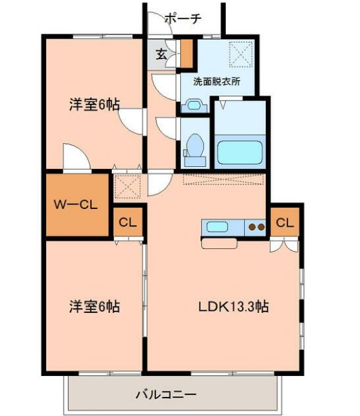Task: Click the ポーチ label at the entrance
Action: pyautogui.click(x=182, y=18)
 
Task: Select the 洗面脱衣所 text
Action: pyautogui.click(x=216, y=82)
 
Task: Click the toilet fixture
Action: pyautogui.click(x=195, y=146)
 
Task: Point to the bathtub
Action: pyautogui.click(x=239, y=151)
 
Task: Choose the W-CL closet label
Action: pyautogui.click(x=77, y=204)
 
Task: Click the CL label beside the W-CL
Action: pyautogui.click(x=128, y=222)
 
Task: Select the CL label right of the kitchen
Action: pyautogui.click(x=285, y=222)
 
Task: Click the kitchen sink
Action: pyautogui.click(x=218, y=227)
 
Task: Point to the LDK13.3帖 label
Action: pyautogui.click(x=234, y=306)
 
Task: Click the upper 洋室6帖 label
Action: pyautogui.click(x=94, y=105)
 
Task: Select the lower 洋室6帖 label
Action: pyautogui.click(x=94, y=306)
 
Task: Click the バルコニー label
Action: pyautogui.click(x=166, y=394)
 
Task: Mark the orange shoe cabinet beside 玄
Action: pyautogui.click(x=186, y=54)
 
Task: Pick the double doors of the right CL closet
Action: pyautogui.click(x=283, y=244)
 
